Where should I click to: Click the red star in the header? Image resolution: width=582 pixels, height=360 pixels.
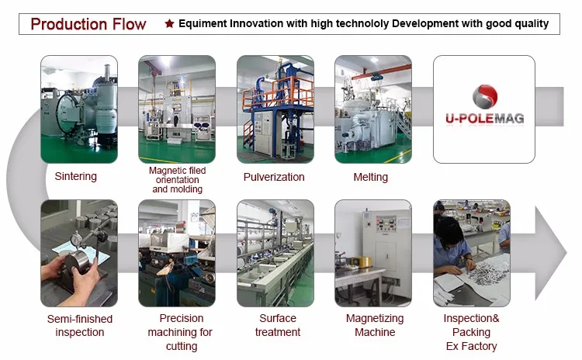click(169, 24)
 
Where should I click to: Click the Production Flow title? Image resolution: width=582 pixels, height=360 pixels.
click(88, 24)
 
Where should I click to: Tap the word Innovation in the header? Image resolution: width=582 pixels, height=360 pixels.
click(257, 23)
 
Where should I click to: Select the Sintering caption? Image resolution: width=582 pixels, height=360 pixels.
click(76, 176)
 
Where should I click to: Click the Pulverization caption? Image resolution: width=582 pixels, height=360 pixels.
click(274, 177)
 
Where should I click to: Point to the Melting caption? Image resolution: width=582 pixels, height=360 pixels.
click(370, 177)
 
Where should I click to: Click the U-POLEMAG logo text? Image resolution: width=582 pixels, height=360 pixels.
click(485, 119)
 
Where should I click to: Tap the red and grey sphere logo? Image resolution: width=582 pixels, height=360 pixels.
click(485, 96)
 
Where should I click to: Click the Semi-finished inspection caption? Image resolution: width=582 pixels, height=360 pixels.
click(79, 326)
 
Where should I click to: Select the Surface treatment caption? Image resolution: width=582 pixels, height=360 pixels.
click(278, 325)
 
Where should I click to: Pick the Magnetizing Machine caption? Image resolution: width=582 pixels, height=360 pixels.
click(375, 325)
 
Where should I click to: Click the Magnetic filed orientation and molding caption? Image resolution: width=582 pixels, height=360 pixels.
click(178, 180)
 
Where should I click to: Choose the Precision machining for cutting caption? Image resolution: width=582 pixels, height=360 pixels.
click(180, 332)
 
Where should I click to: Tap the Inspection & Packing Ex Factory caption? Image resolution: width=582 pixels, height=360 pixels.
click(471, 332)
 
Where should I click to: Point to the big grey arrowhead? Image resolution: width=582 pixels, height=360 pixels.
click(551, 253)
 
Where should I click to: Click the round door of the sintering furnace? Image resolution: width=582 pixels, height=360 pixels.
click(67, 113)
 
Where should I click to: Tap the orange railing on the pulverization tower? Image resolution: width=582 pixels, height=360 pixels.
click(278, 93)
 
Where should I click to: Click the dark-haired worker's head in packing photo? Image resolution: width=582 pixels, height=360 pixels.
click(450, 231)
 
